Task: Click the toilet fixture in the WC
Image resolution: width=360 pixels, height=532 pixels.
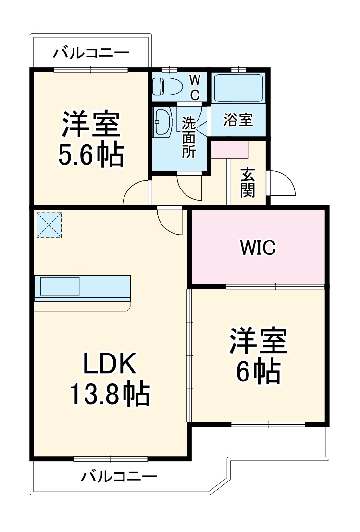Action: [x=168, y=87]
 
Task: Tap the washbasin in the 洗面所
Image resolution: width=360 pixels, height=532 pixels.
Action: [x=162, y=122]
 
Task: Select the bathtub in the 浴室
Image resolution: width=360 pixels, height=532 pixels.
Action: [x=239, y=88]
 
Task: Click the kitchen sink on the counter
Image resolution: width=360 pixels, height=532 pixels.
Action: [x=60, y=287]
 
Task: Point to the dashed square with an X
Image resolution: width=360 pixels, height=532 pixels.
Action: [x=49, y=225]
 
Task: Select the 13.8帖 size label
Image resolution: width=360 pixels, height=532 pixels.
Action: [x=111, y=394]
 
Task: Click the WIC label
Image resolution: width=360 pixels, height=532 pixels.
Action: [x=258, y=248]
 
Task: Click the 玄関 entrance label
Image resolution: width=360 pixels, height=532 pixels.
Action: [x=248, y=183]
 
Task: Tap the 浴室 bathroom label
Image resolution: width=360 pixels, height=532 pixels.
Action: [x=238, y=120]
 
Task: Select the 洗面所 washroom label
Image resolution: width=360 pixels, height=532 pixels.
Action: [x=188, y=137]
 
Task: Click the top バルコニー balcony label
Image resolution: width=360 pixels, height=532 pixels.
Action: [x=91, y=52]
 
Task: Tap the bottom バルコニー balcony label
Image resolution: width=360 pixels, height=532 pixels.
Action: [x=118, y=477]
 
